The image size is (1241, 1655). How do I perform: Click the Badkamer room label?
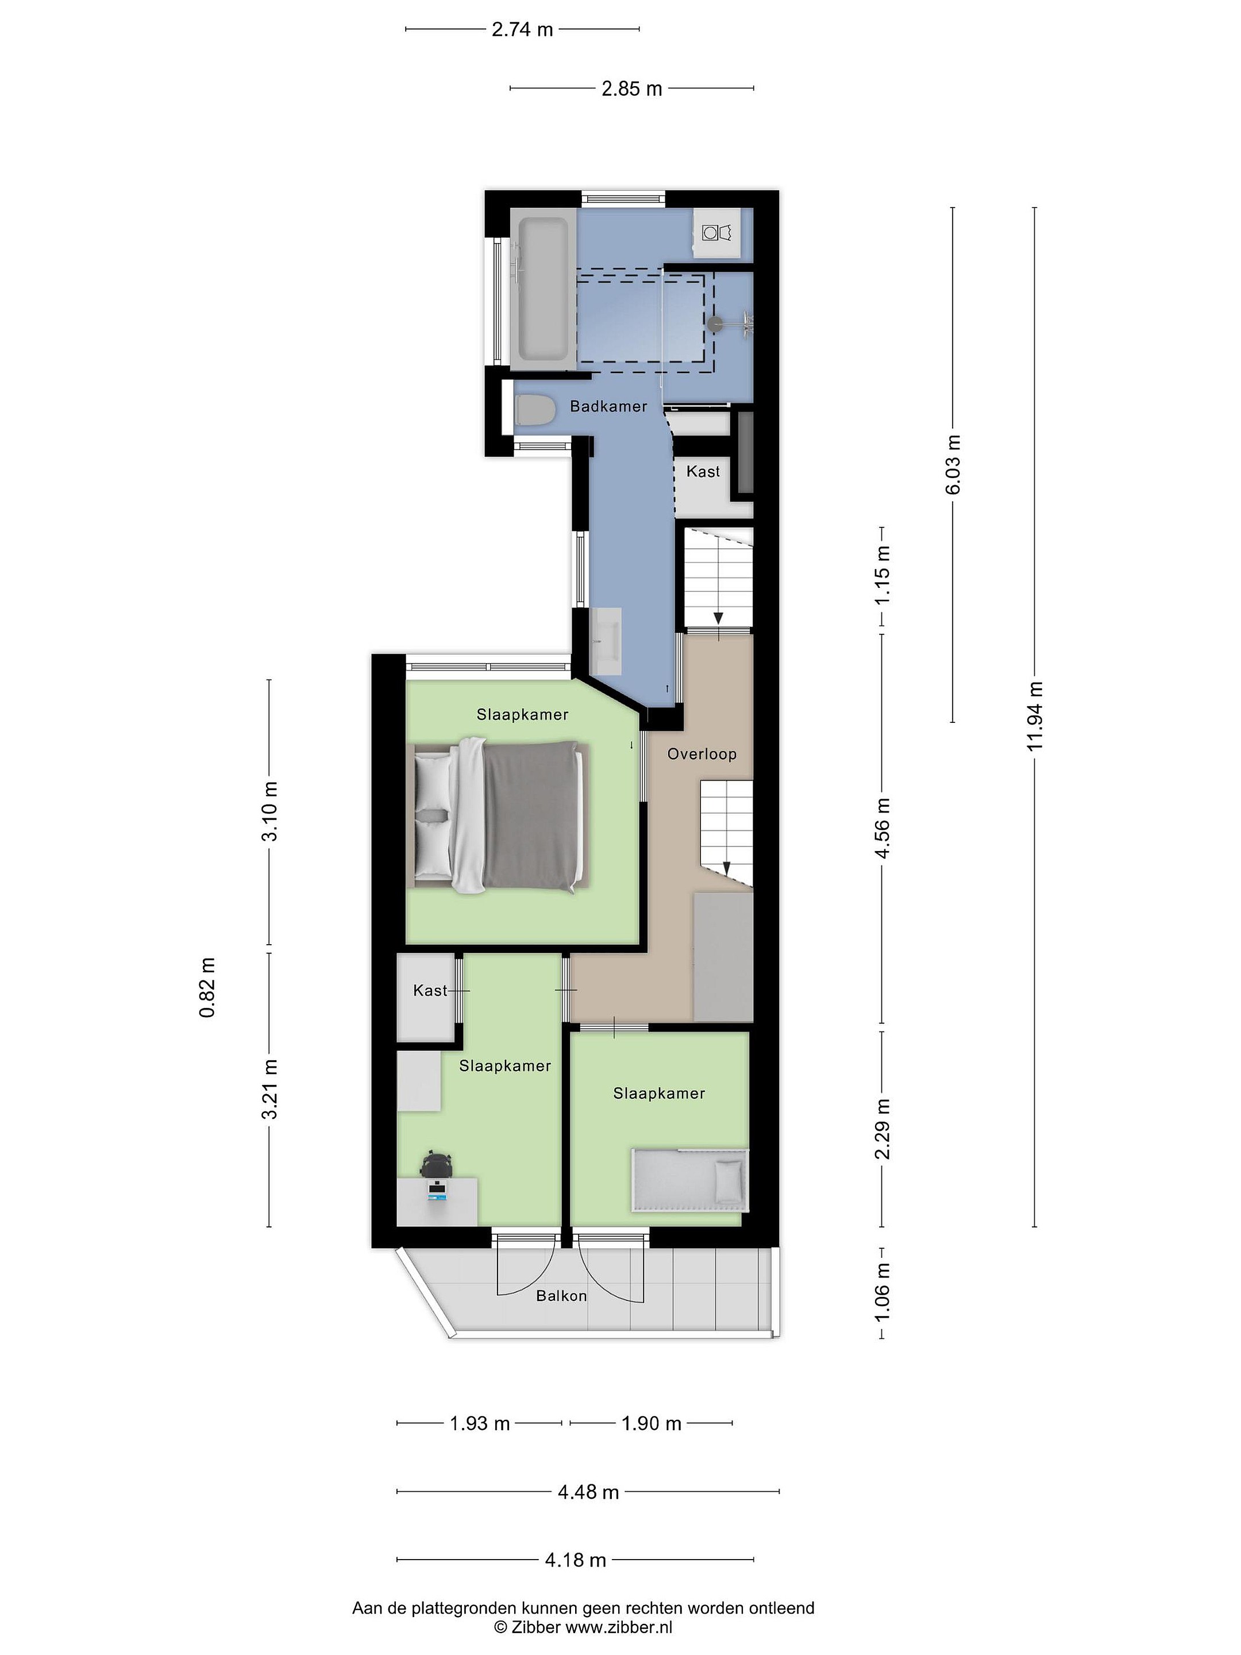608,406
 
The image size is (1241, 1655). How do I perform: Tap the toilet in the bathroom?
534,411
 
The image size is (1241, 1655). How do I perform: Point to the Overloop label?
702,753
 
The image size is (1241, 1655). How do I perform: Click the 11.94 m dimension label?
1035,717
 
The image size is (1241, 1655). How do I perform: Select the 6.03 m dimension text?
953,465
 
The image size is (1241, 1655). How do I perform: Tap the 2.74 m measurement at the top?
522,29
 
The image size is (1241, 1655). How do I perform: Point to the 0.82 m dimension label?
207,988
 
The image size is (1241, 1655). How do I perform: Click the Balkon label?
561,1295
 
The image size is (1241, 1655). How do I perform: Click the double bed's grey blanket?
532,816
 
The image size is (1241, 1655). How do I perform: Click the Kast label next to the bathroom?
703,471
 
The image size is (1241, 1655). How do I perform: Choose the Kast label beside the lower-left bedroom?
430,990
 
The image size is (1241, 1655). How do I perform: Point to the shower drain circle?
716,325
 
